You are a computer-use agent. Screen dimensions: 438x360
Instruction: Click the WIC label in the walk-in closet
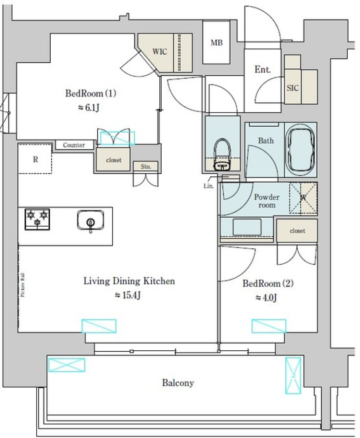159,52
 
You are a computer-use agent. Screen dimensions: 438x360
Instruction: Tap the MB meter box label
216,43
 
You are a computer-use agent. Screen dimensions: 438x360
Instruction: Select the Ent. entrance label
262,69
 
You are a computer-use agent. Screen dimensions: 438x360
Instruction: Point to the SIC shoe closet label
292,88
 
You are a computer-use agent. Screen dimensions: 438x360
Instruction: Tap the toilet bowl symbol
221,154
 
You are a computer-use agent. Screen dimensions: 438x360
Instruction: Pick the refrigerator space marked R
35,159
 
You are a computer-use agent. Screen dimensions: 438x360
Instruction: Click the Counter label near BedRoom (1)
74,145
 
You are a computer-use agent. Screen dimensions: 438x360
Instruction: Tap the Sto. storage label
146,167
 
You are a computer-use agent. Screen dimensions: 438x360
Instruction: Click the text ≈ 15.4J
127,296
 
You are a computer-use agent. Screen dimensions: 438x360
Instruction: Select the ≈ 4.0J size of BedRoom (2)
266,298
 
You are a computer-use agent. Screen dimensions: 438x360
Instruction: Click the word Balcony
178,383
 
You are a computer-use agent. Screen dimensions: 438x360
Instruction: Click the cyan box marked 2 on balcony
293,375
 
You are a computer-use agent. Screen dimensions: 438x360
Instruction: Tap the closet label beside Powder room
297,231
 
